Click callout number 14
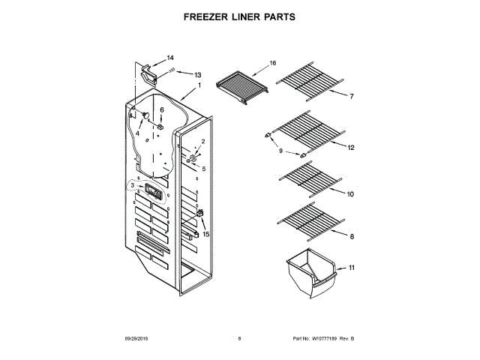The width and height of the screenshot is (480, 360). tap(169, 58)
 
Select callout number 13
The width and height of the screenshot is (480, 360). tap(198, 75)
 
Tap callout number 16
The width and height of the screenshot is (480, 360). tap(273, 63)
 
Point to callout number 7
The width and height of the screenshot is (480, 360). tap(351, 97)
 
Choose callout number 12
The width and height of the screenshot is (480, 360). tap(349, 148)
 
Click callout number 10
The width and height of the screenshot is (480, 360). tap(350, 193)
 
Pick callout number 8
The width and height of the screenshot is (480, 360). tap(352, 237)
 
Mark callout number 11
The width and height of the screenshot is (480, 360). tap(351, 267)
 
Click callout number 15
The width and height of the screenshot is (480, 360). tap(206, 234)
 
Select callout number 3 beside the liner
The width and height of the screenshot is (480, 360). tap(133, 185)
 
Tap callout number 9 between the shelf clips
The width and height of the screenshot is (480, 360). tap(281, 151)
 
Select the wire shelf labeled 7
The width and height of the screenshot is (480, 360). tap(307, 82)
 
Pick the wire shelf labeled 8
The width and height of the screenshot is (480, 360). tap(307, 222)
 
